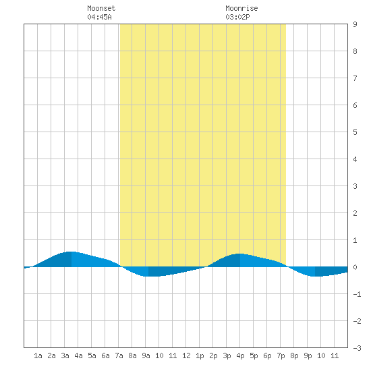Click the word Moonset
[x=101, y=8]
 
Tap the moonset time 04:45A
[x=99, y=17]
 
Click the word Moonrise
[x=241, y=8]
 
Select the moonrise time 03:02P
[x=237, y=17]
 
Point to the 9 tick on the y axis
[x=355, y=24]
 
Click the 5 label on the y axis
[x=355, y=132]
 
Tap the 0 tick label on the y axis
[x=355, y=267]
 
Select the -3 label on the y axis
[x=357, y=348]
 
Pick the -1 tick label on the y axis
[x=357, y=294]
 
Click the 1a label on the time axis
[x=38, y=355]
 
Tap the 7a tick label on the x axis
[x=119, y=355]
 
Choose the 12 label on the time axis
[x=186, y=355]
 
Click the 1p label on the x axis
[x=200, y=355]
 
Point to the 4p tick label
[x=240, y=355]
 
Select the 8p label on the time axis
[x=294, y=355]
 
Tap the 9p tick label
[x=308, y=355]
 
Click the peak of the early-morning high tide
[x=72, y=252]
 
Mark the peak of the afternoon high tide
[x=240, y=254]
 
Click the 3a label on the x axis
[x=65, y=355]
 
